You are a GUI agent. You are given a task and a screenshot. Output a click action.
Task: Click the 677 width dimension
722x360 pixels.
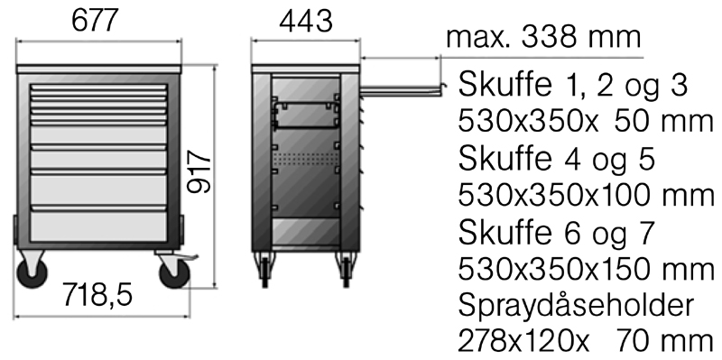point(96,21)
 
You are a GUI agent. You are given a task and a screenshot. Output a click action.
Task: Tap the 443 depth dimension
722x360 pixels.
point(306,22)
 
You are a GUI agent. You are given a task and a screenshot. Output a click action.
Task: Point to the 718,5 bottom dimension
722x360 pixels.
point(97,295)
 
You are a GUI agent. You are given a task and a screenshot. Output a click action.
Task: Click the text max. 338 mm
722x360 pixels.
point(543,36)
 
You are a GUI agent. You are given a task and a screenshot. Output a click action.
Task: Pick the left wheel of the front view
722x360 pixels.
point(32,272)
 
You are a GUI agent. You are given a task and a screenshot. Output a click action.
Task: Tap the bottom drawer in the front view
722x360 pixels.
point(98,226)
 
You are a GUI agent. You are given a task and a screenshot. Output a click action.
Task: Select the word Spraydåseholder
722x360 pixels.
point(576,305)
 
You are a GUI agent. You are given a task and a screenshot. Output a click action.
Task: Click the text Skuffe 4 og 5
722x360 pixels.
point(556,159)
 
